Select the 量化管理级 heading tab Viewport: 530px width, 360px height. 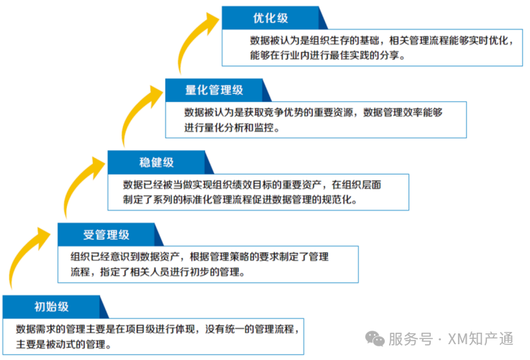214,90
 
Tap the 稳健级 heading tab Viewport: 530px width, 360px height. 156,162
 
